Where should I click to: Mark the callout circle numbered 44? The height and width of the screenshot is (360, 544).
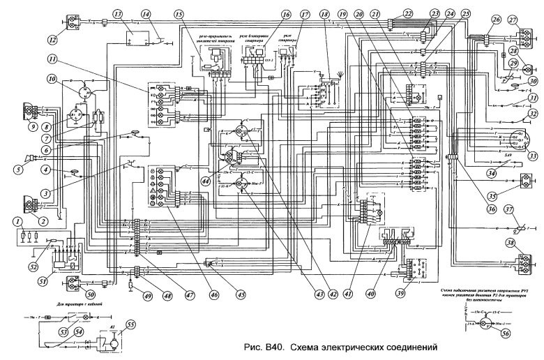pyautogui.click(x=207, y=180)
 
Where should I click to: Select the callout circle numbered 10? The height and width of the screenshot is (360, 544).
pyautogui.click(x=52, y=80)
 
